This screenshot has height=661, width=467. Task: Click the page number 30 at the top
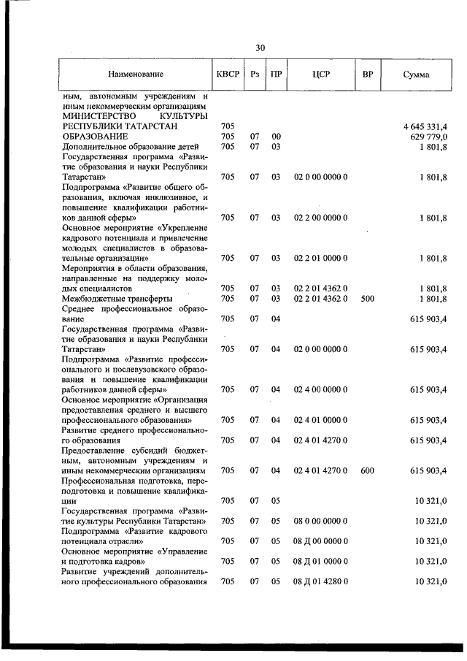(x=260, y=48)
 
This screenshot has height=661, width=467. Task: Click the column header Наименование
(x=136, y=74)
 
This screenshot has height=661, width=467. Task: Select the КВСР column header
(x=227, y=74)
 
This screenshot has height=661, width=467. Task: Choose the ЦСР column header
(x=321, y=74)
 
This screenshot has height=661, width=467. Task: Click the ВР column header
(x=368, y=74)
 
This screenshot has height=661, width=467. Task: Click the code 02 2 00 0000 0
(x=321, y=218)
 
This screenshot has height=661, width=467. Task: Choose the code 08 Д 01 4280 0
(x=321, y=581)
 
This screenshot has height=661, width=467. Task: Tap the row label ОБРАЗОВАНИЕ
(x=95, y=137)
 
